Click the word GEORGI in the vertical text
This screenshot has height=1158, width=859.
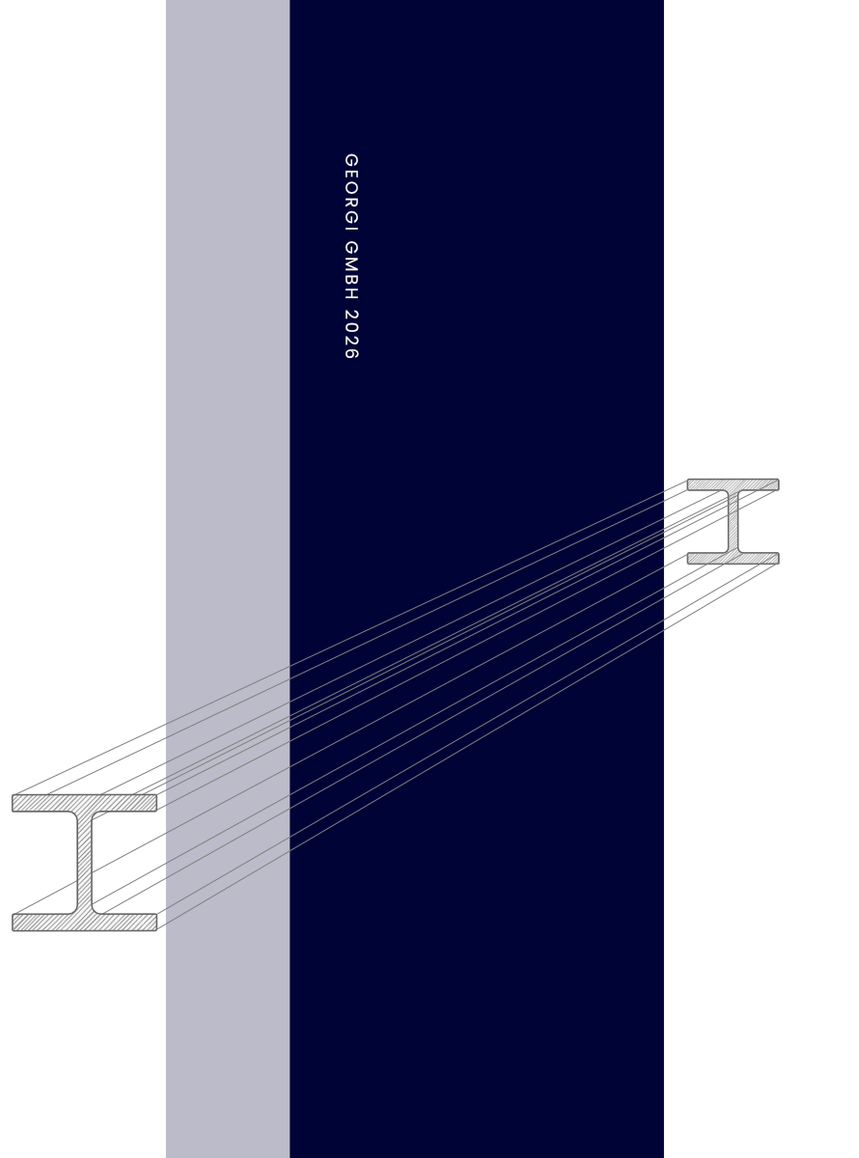[350, 190]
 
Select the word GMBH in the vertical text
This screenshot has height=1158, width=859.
[350, 270]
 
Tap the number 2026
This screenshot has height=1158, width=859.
[350, 334]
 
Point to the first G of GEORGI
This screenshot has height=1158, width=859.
[350, 160]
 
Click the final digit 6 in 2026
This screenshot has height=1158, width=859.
[350, 353]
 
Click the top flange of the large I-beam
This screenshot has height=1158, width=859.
[85, 803]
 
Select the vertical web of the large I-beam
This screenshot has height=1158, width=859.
[85, 863]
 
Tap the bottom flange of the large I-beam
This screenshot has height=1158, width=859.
[85, 923]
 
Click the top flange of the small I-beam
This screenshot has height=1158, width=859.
[733, 484]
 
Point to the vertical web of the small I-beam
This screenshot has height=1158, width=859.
[733, 521]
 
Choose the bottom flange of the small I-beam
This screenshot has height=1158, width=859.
[733, 558]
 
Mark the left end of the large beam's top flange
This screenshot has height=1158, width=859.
[15, 803]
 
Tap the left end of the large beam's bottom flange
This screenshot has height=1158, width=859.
[15, 923]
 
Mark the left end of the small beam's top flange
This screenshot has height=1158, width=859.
[690, 484]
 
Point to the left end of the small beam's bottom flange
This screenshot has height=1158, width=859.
[690, 558]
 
